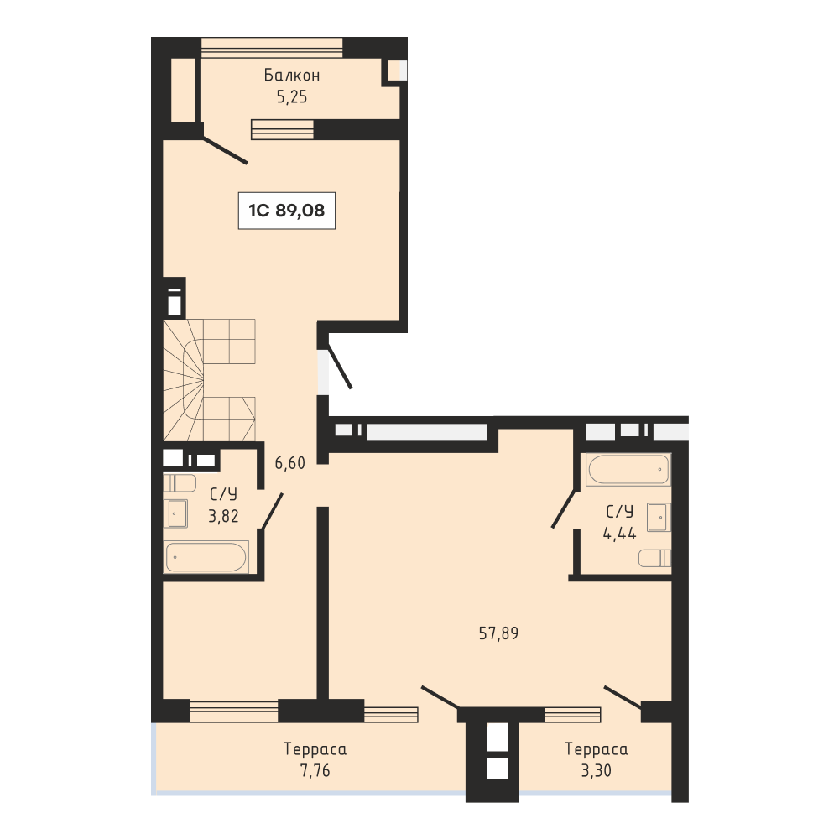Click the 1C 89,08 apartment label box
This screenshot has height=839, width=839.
coord(287,211)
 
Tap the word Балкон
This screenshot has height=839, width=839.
coord(292,75)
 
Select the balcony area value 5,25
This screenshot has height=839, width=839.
coord(292,96)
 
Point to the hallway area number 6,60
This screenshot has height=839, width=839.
coord(290,463)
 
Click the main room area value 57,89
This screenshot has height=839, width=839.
coord(498,633)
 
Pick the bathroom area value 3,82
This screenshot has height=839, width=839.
coord(223,516)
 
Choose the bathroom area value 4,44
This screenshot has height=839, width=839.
coord(620,534)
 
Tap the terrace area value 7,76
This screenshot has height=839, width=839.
coord(315,770)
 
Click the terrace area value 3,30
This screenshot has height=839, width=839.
coord(596,770)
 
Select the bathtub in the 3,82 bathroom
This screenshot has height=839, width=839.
coord(206,557)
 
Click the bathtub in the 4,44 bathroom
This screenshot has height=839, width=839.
coord(628,469)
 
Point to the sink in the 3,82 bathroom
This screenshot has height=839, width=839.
coord(175,513)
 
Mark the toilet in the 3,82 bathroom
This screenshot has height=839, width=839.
coord(180,482)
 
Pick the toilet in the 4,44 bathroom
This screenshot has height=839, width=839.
coord(655,558)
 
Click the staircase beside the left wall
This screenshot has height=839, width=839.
coord(209,380)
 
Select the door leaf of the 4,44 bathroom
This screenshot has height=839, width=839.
coord(564,509)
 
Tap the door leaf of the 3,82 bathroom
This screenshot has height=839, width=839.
coord(272,511)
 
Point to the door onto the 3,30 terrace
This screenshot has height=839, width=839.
coord(623,697)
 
